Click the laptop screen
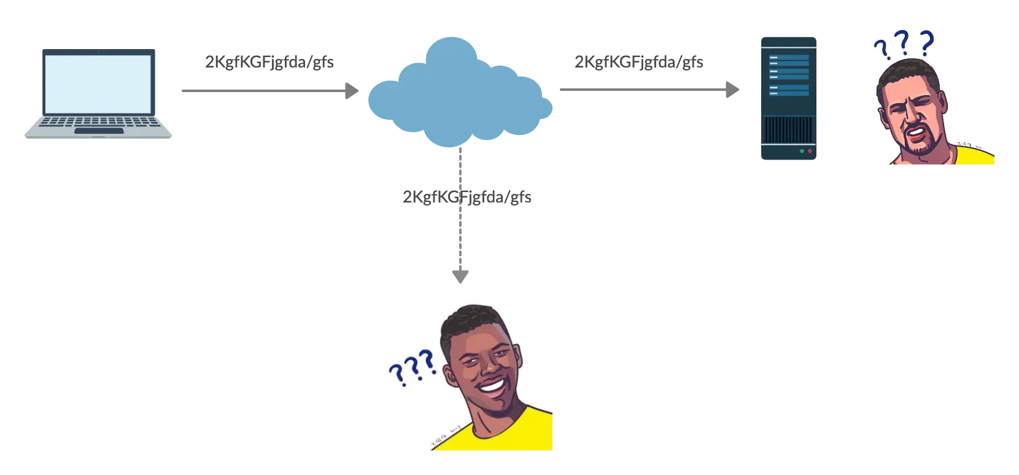pyautogui.click(x=98, y=83)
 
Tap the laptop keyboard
pyautogui.click(x=98, y=122)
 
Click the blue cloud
pyautogui.click(x=460, y=92)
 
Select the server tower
pyautogui.click(x=789, y=98)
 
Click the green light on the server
pyautogui.click(x=802, y=151)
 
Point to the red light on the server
pyautogui.click(x=810, y=151)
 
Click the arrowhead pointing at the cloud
pyautogui.click(x=352, y=91)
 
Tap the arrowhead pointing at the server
pyautogui.click(x=732, y=91)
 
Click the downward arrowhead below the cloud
pyautogui.click(x=461, y=277)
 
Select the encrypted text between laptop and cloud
pyautogui.click(x=268, y=62)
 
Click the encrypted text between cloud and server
pyautogui.click(x=639, y=62)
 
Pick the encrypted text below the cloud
pyautogui.click(x=467, y=197)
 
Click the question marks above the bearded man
pyautogui.click(x=904, y=44)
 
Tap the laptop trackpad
pyautogui.click(x=98, y=131)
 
